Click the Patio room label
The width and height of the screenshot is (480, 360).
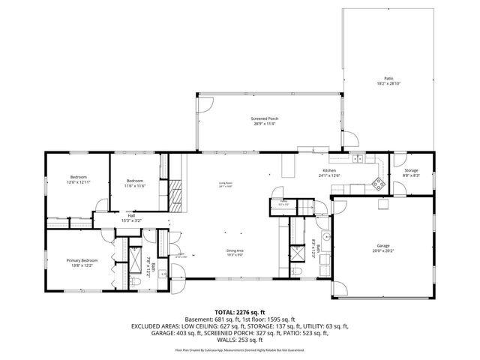point(388,78)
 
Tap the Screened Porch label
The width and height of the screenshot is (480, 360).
point(265,118)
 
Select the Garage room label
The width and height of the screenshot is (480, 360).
point(382,245)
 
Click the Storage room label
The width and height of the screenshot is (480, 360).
point(410,170)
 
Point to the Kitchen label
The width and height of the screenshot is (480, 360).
point(329,171)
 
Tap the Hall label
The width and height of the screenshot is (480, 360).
point(131,214)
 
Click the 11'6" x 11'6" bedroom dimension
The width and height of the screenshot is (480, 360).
point(135,185)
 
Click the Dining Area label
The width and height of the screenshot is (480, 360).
point(235,250)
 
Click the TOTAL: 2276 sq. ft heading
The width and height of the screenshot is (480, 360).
point(240,311)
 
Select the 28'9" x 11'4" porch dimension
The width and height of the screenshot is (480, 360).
point(265,124)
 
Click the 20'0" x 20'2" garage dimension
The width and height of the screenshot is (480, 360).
point(382,250)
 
